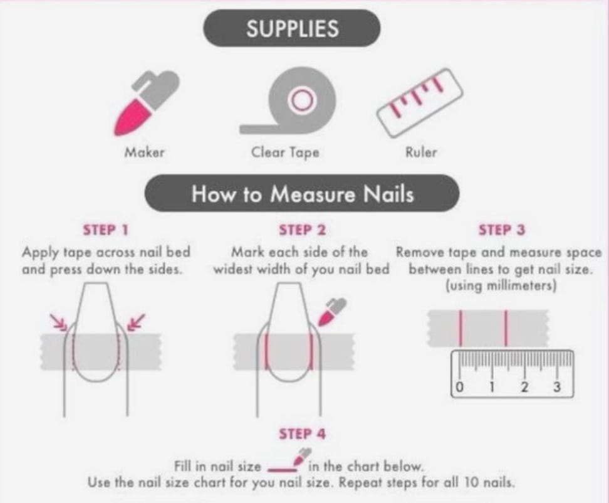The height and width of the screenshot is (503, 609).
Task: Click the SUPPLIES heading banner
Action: pos(292,28)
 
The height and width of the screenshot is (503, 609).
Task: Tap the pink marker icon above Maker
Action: pos(145,103)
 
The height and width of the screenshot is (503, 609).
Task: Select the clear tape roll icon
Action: pos(288,101)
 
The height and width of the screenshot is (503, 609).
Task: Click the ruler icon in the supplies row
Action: pos(419,103)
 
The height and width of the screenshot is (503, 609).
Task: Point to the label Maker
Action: pos(144,152)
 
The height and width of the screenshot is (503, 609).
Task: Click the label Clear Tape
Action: pos(285,152)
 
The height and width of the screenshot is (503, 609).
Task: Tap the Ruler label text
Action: pos(421,152)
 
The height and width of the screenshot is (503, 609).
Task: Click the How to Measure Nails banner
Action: pos(302,193)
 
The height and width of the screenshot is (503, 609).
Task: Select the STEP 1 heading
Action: pos(105,230)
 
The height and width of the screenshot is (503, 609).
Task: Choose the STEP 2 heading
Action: pos(302,230)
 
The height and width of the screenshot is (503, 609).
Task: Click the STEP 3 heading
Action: pos(501,230)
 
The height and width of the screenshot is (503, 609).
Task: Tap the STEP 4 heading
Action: pos(302,434)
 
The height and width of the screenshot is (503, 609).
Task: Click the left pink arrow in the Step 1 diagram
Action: pos(59,322)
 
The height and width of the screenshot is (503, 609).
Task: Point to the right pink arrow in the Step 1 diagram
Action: pos(137,322)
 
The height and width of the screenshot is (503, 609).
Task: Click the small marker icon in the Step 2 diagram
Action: pos(331,312)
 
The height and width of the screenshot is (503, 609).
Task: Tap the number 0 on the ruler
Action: pos(459,387)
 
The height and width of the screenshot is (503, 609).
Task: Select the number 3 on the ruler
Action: pos(556,387)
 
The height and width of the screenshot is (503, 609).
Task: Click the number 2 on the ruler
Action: pos(524,387)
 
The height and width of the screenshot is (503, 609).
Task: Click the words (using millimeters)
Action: pos(501,286)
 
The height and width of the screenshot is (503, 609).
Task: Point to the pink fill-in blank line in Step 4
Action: pos(282,470)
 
